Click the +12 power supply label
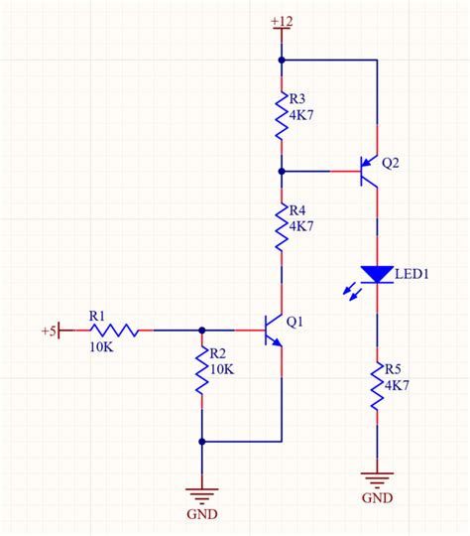[282, 21]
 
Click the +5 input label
[48, 330]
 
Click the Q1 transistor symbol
[273, 332]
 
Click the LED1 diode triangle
[377, 274]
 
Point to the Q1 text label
[294, 322]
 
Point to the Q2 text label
[391, 163]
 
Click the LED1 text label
[412, 273]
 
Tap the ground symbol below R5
[377, 477]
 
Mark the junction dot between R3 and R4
[283, 172]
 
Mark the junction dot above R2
[202, 330]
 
